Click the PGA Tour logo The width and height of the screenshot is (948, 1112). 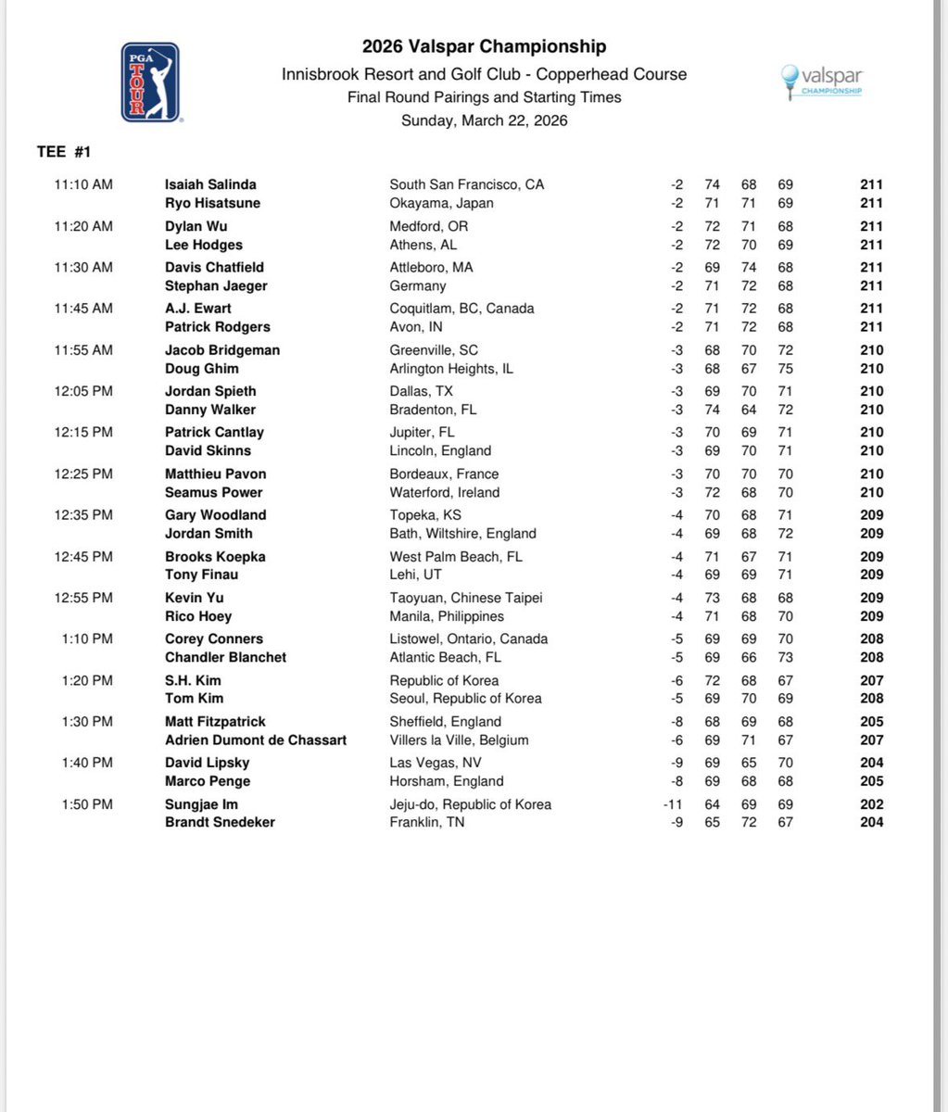click(149, 82)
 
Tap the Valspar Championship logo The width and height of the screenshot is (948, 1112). click(821, 82)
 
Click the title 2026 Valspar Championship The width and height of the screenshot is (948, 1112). click(484, 46)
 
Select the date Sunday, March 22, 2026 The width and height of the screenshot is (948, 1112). click(484, 120)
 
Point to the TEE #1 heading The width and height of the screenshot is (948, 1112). click(64, 152)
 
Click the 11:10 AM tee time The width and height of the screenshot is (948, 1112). click(83, 184)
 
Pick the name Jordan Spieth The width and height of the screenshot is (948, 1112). click(210, 391)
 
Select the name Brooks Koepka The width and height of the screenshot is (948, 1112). click(215, 557)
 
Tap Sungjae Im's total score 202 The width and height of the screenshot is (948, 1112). click(871, 804)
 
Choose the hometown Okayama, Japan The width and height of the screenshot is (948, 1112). click(441, 203)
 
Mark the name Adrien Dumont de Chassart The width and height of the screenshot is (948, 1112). click(256, 739)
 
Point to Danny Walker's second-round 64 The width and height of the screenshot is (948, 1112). click(748, 410)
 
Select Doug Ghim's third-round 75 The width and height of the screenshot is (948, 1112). click(785, 368)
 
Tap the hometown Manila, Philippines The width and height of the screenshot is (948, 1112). click(447, 616)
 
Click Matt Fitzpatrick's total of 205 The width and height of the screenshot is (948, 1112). click(871, 721)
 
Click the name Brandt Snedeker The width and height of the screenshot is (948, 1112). click(220, 822)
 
